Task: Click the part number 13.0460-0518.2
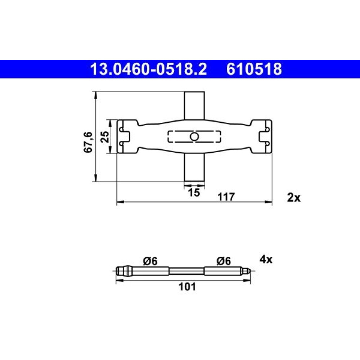click(x=149, y=69)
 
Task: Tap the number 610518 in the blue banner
click(x=254, y=69)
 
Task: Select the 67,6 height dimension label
click(x=88, y=142)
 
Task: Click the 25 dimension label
click(x=105, y=137)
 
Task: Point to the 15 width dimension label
click(x=194, y=192)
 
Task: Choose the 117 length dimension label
click(x=226, y=197)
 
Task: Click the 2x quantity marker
click(x=294, y=197)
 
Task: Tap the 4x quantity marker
click(x=266, y=260)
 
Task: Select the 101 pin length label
click(x=187, y=287)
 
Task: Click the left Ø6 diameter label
click(x=150, y=261)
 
